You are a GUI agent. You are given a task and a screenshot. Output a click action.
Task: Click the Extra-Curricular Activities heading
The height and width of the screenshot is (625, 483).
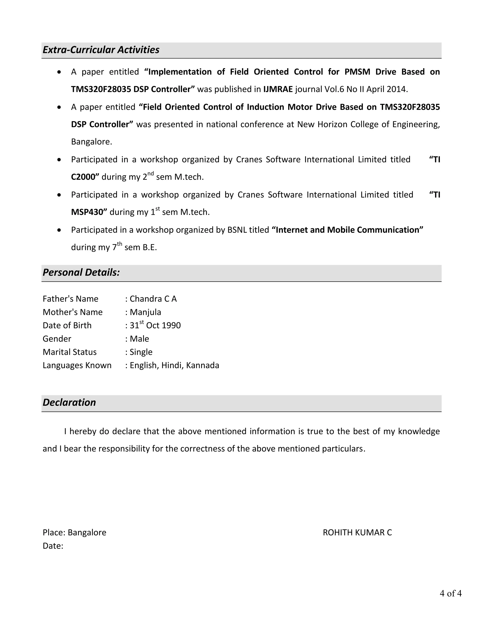101,50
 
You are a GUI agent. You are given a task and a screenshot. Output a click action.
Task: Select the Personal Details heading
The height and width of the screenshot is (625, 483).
81,272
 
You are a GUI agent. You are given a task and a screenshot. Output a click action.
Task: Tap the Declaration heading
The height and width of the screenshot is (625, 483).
69,402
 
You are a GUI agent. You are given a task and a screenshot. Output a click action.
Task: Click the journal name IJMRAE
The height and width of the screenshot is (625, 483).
278,89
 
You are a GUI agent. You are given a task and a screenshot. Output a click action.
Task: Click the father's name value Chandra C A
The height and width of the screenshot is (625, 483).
153,299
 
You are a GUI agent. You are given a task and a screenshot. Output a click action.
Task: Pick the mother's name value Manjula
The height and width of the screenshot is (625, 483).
145,312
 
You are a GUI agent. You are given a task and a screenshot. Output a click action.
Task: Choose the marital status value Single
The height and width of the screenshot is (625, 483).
141,352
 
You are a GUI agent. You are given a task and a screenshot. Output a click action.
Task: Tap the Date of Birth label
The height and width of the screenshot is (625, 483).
67,325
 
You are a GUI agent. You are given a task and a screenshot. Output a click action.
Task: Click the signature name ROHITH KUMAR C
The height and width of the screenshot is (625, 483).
357,532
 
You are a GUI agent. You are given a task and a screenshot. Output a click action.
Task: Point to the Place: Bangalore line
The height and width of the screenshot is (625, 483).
74,532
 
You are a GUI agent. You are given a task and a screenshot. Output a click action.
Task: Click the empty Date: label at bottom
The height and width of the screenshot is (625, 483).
53,546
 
